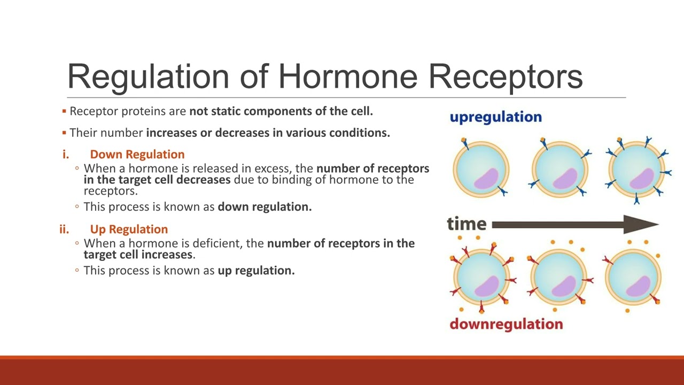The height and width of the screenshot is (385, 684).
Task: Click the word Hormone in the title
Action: point(347,76)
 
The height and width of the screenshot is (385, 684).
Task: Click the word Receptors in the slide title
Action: point(505,76)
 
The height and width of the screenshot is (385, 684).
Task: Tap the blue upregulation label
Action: point(495,117)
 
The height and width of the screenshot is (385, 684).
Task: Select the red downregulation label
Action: point(506,324)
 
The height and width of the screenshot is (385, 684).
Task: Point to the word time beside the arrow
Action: point(467,224)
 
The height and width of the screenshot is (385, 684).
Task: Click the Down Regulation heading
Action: point(137,155)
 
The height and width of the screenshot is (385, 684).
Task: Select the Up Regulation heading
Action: point(129,229)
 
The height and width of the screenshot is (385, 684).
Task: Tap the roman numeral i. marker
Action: point(66,155)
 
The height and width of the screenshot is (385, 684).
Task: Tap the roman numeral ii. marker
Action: point(64,229)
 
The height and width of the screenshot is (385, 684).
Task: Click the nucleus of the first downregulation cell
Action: point(487,286)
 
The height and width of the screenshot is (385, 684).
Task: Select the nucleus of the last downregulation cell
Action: point(638,286)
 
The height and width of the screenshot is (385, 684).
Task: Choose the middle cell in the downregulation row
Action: point(559,279)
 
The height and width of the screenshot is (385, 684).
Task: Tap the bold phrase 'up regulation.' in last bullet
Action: point(256,271)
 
